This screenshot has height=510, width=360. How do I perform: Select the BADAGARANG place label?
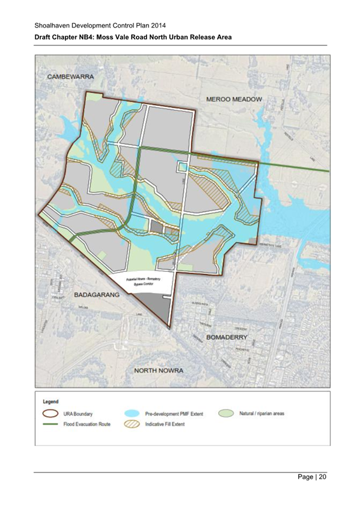click(97, 295)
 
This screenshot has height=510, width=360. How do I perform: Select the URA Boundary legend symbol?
click(50, 414)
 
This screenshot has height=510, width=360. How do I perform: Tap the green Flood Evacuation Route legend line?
click(50, 423)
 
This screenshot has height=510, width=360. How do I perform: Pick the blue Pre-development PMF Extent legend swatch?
click(130, 414)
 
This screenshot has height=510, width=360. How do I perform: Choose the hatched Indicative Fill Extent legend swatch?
click(130, 423)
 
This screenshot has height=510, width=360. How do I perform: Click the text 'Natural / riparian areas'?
click(262, 414)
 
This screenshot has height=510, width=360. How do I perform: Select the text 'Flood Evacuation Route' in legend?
click(87, 423)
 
